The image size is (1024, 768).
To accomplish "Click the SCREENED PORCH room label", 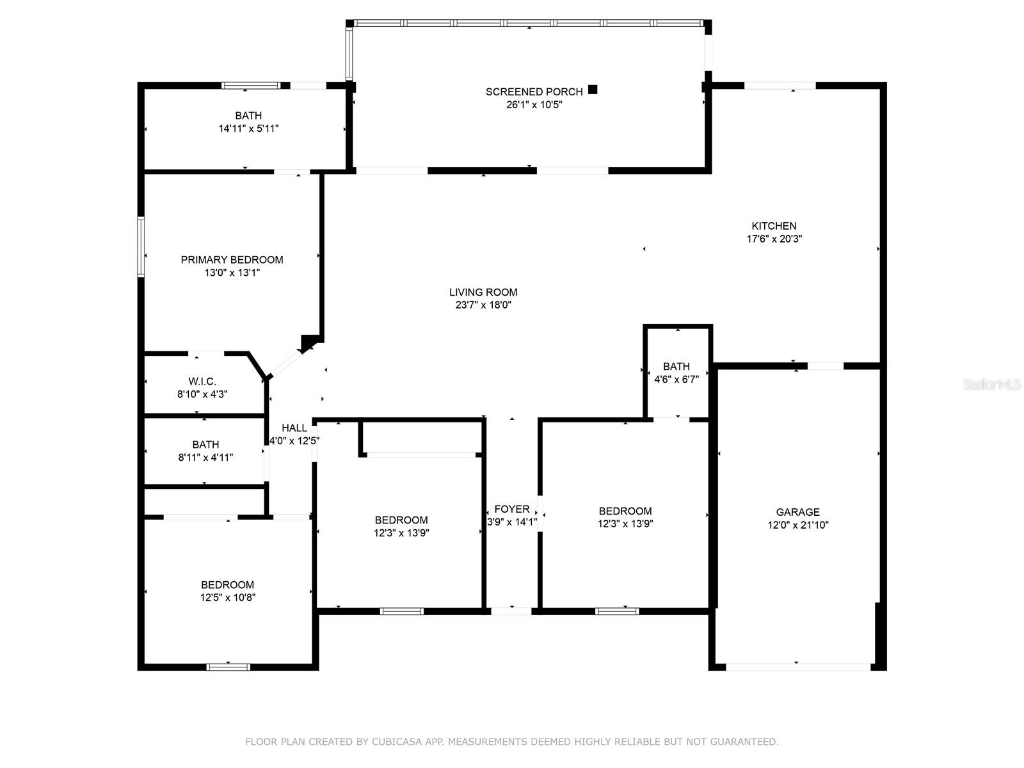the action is tap(534, 92).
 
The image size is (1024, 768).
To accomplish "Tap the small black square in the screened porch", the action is tap(593, 90).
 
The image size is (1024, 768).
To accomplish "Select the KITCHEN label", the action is tap(774, 226).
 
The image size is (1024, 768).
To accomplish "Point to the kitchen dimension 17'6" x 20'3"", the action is tap(774, 239).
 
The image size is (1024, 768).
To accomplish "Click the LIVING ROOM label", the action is tap(483, 292).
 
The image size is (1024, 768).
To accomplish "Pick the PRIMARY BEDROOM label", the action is tap(232, 260).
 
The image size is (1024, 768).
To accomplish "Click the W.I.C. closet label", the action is tap(202, 381).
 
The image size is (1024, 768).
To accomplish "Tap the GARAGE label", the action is tap(797, 512).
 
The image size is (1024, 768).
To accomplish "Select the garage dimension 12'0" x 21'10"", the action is tap(797, 525).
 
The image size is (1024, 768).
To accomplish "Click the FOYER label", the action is tap(512, 509).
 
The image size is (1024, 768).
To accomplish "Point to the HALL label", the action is tap(294, 428).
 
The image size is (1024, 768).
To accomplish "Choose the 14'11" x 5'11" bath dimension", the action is tap(248, 128).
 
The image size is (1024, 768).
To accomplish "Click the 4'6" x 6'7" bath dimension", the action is tap(676, 380).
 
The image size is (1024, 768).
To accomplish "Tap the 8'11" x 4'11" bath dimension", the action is tap(205, 458).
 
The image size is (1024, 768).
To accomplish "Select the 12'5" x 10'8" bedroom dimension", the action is tap(228, 598).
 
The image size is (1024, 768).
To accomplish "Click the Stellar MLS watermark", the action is tap(992, 384).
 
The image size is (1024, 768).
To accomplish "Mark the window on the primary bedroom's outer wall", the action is tap(141, 246).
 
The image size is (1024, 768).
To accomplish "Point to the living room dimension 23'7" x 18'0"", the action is tap(483, 305).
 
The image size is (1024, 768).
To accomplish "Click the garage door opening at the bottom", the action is tap(798, 668).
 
